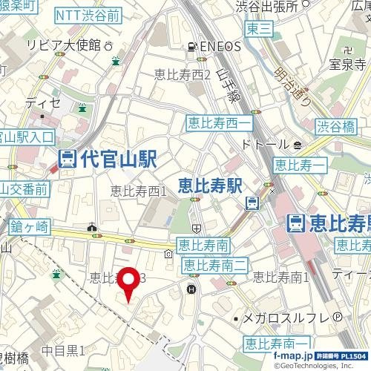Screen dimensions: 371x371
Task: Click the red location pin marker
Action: pos(131,283)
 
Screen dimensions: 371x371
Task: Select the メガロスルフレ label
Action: pos(286,318)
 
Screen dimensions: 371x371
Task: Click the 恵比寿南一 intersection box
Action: pos(276,344)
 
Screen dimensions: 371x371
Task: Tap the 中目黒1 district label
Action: pos(63,349)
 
